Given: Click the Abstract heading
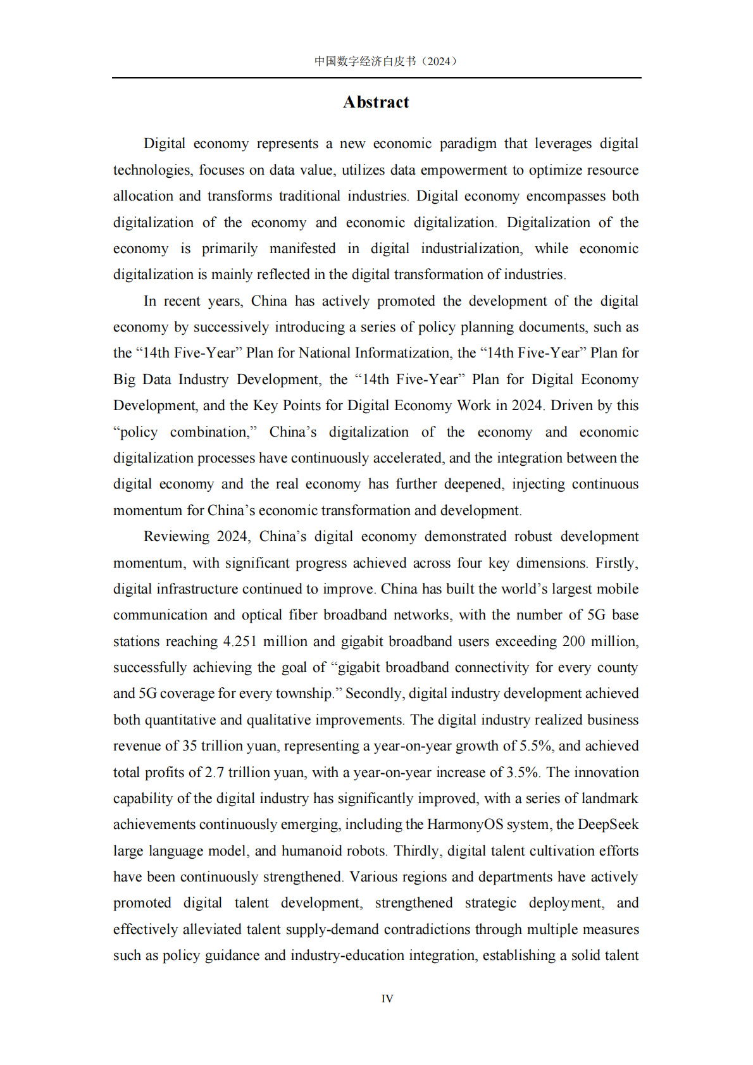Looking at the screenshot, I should pyautogui.click(x=376, y=103).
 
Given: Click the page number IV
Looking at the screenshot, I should pyautogui.click(x=387, y=999).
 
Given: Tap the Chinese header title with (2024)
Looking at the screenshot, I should pyautogui.click(x=385, y=61).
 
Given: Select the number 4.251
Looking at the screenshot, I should pyautogui.click(x=240, y=642).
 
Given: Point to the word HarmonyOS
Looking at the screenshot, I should pyautogui.click(x=465, y=825).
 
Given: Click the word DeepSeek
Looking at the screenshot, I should pyautogui.click(x=608, y=825).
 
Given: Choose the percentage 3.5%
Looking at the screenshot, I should pyautogui.click(x=523, y=773).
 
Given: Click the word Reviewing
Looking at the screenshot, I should pyautogui.click(x=177, y=537).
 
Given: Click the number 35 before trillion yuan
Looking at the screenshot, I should pyautogui.click(x=190, y=746).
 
